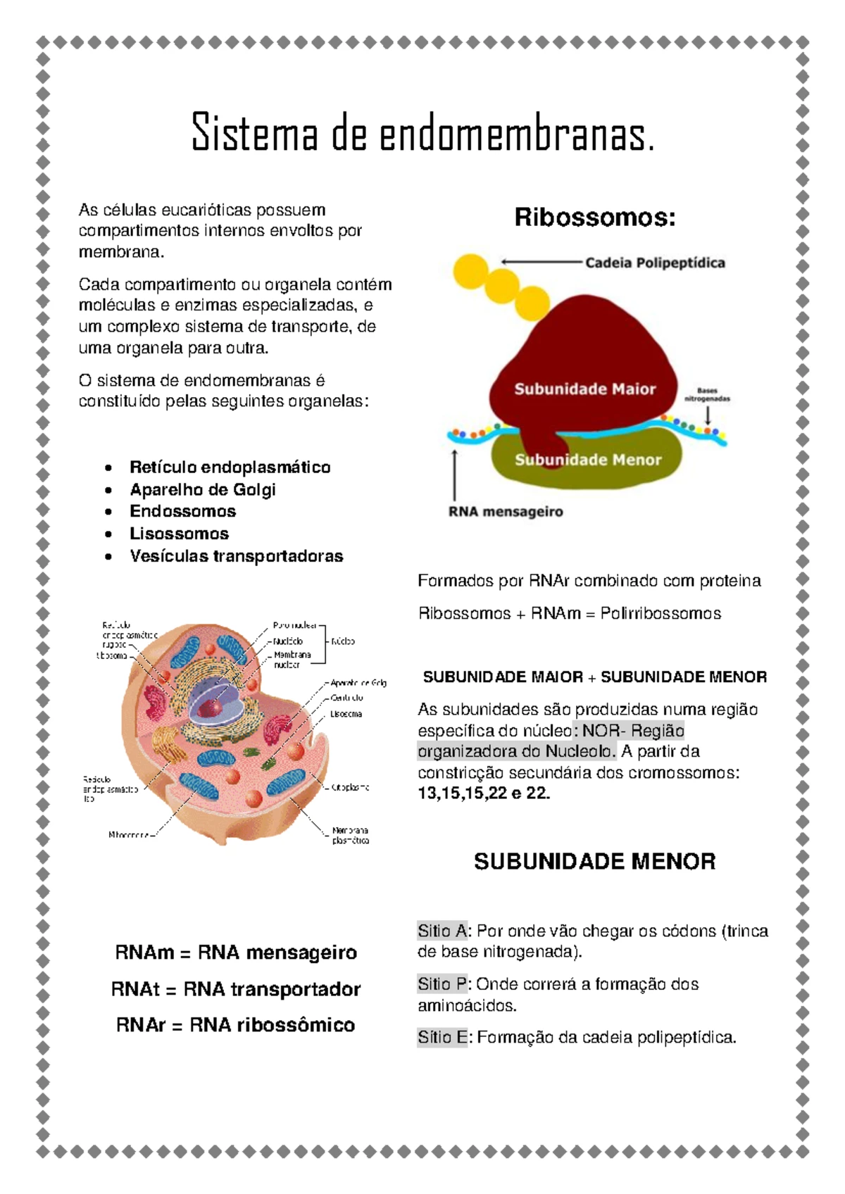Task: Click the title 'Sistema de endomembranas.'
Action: click(x=423, y=132)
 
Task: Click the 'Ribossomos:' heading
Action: click(x=594, y=217)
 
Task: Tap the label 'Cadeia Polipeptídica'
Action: click(x=655, y=263)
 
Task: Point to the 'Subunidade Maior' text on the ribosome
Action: click(x=584, y=389)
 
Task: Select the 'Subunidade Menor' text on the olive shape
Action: click(x=588, y=460)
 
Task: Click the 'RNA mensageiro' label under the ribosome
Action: click(x=506, y=512)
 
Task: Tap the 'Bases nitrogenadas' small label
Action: click(x=707, y=394)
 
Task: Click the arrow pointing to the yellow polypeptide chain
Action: click(x=542, y=262)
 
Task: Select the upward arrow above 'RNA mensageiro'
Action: click(x=456, y=475)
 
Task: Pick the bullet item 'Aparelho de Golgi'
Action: click(x=203, y=489)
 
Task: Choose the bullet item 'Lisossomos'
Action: click(x=179, y=534)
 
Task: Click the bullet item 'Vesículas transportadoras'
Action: click(x=236, y=556)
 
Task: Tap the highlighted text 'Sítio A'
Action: click(x=442, y=931)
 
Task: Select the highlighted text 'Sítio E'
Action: click(x=442, y=1037)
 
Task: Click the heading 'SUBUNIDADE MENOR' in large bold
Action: click(x=594, y=861)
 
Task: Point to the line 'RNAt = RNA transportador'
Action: click(x=236, y=989)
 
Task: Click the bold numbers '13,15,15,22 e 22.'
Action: click(x=484, y=793)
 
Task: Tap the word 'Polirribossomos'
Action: click(x=661, y=613)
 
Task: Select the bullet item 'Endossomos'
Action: click(x=182, y=511)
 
